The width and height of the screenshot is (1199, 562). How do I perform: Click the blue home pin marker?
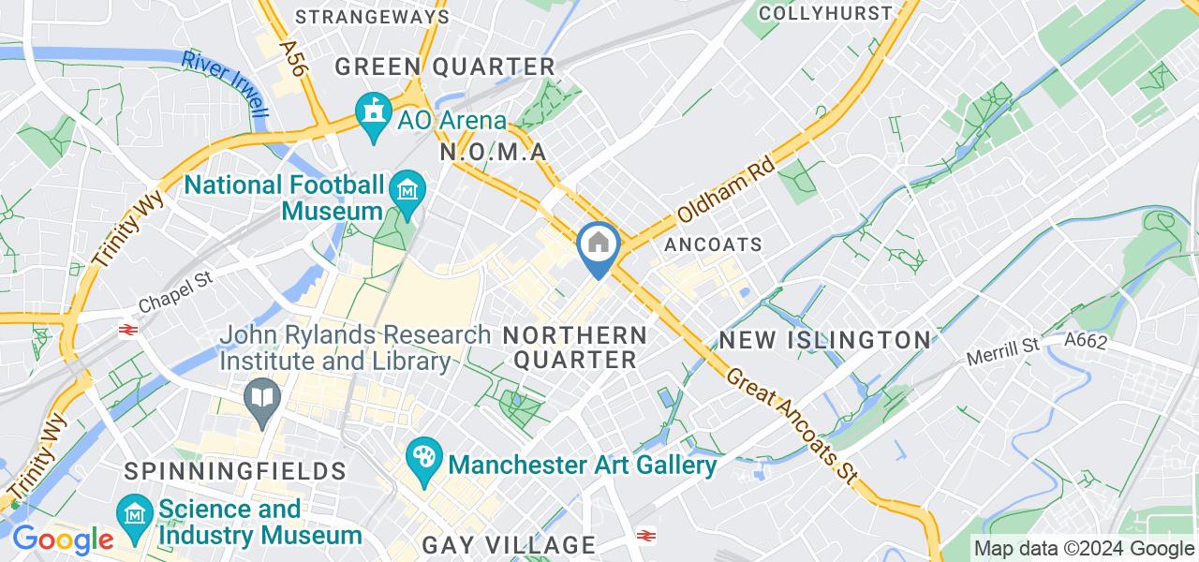point(597,245)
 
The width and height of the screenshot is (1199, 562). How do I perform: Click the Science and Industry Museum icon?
point(136,516)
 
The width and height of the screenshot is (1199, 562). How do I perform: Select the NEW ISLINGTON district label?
point(824,339)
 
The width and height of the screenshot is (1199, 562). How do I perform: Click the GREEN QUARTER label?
point(445,67)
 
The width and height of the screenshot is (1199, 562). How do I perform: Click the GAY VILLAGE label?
point(509,544)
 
